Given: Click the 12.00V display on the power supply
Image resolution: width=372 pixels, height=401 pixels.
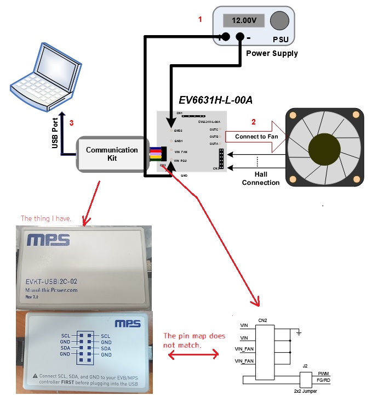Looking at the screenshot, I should tap(244, 21).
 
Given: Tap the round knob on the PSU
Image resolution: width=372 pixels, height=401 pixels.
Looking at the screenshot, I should tap(279, 20).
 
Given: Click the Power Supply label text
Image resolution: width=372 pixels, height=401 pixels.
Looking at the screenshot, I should tap(272, 53).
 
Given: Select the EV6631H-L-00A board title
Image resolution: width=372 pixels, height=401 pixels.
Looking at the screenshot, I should tap(215, 100).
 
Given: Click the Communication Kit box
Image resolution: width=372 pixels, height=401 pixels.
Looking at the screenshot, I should tap(112, 154).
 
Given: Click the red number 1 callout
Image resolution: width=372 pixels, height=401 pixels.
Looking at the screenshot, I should tap(200, 19).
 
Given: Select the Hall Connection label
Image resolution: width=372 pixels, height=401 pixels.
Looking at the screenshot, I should tap(261, 178).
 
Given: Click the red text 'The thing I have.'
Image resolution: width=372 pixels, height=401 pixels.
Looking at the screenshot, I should tap(46, 218).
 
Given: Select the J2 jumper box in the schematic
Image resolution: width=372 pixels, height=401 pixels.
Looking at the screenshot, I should tap(306, 379).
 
